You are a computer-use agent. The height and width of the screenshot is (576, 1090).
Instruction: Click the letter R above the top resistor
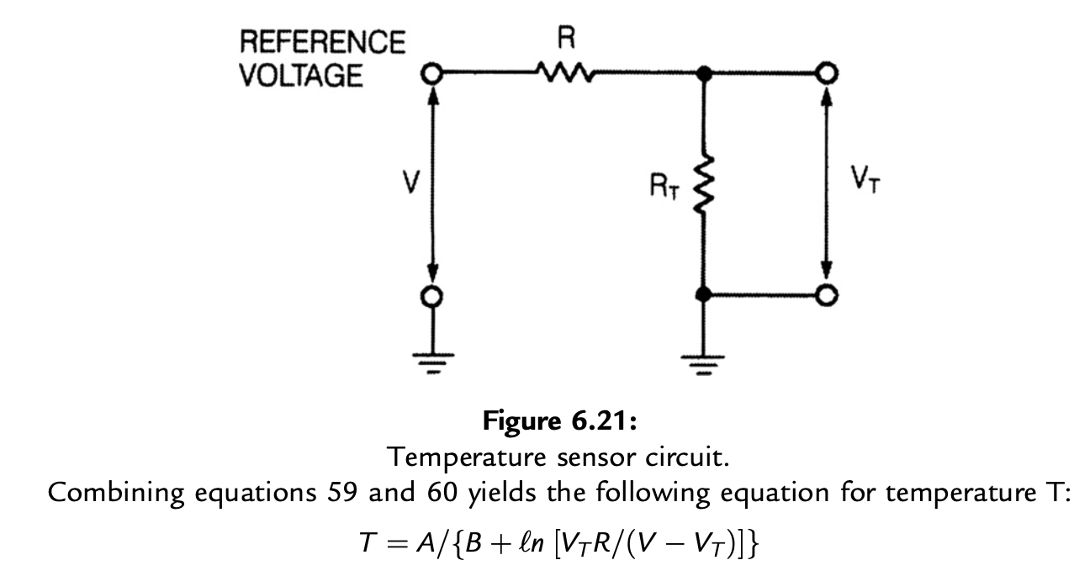[565, 39]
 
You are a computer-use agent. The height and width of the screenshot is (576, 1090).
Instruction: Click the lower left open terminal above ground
[432, 296]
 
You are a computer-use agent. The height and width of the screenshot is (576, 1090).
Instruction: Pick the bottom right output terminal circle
[828, 295]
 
